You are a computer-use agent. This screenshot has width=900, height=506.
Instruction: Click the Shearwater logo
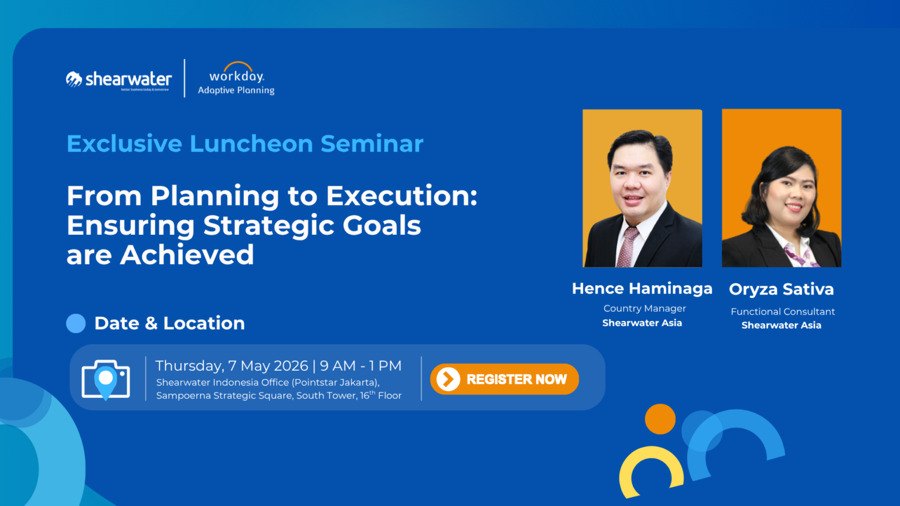(119, 80)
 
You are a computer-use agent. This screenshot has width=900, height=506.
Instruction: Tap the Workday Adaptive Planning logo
(236, 78)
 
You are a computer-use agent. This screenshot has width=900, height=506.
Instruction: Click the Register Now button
(504, 379)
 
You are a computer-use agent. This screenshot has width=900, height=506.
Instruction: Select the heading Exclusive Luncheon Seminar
(245, 143)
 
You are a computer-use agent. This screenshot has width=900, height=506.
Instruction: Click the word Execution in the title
(401, 196)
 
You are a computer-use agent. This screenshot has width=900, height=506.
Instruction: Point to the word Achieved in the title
(187, 255)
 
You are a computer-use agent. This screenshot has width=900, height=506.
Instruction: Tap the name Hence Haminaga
(642, 288)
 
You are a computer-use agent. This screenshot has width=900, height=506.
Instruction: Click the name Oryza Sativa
(782, 289)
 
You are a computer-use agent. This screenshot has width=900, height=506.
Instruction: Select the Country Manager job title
(645, 309)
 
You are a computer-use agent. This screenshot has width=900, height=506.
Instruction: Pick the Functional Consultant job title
(783, 312)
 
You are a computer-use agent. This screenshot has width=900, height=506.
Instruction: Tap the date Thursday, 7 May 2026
(231, 366)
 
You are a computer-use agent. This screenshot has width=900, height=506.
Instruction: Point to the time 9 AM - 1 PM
(361, 366)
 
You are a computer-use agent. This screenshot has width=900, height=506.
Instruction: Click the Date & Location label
(169, 323)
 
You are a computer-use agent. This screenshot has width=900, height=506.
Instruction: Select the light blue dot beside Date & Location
(76, 323)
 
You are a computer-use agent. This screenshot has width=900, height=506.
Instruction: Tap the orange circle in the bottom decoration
(660, 419)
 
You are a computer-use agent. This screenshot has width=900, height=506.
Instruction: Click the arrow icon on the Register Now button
(448, 379)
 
